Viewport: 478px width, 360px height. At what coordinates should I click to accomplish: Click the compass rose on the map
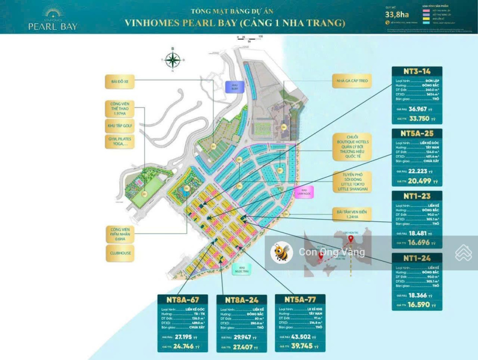click(173, 60)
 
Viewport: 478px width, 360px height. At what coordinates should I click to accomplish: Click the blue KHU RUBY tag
click(233, 88)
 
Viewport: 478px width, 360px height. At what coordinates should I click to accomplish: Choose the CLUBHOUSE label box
click(121, 253)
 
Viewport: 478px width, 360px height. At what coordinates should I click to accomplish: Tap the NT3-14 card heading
click(417, 71)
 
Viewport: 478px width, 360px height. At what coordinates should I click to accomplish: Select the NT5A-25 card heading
click(417, 134)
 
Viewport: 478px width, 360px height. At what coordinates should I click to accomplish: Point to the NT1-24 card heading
click(417, 259)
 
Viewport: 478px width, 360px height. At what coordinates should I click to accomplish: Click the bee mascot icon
click(281, 253)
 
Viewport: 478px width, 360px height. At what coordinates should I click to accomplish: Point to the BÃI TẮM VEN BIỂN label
click(348, 215)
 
